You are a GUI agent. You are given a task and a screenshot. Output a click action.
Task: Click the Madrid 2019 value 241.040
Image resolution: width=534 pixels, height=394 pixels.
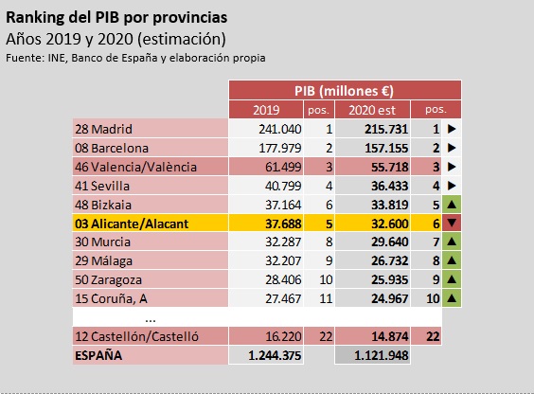[x=280, y=129]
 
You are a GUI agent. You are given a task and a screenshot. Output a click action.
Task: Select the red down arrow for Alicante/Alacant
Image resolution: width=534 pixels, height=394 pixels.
[x=452, y=223]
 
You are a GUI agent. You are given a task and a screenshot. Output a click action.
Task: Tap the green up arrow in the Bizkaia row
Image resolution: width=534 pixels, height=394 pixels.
[x=452, y=205]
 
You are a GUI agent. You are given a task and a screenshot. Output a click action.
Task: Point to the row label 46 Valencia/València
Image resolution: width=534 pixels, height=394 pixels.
[x=136, y=167]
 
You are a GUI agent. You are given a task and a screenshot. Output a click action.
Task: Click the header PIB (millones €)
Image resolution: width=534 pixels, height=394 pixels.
[x=344, y=91]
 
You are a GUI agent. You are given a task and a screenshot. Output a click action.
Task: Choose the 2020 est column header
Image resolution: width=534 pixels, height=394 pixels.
[x=372, y=110]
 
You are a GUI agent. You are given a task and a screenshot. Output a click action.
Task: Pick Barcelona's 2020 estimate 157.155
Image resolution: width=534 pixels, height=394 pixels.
[x=386, y=148]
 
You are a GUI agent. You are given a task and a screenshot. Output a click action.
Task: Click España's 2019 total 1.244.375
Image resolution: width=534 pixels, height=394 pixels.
[x=275, y=355]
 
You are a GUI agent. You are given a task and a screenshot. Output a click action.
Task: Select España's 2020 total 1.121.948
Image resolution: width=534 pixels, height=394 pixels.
[x=381, y=355]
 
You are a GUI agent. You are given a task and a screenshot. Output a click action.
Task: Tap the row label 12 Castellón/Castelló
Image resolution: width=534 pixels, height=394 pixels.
[x=136, y=336]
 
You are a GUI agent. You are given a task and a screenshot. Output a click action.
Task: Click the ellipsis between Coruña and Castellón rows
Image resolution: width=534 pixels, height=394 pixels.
[x=151, y=320]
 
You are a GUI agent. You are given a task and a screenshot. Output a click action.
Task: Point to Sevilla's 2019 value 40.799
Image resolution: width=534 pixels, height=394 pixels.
[x=283, y=186]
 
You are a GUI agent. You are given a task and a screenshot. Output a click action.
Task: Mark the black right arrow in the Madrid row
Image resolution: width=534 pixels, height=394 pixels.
[x=452, y=129]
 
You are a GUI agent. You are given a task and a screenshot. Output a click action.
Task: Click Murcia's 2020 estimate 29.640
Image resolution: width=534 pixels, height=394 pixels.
[x=389, y=242]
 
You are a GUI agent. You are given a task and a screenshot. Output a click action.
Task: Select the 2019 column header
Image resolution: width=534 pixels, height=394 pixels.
[x=266, y=110]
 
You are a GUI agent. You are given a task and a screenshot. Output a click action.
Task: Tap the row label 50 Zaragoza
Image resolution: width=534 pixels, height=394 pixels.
[x=108, y=280]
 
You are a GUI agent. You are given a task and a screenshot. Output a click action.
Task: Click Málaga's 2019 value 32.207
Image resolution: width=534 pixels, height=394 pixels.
[x=283, y=260]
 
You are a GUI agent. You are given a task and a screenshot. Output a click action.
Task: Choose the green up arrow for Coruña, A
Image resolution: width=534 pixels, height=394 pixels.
[x=452, y=298]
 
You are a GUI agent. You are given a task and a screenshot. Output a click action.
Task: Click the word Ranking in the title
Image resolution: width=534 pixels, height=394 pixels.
[x=35, y=18]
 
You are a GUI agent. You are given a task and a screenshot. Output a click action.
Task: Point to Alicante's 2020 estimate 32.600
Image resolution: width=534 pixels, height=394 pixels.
[x=389, y=224]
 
